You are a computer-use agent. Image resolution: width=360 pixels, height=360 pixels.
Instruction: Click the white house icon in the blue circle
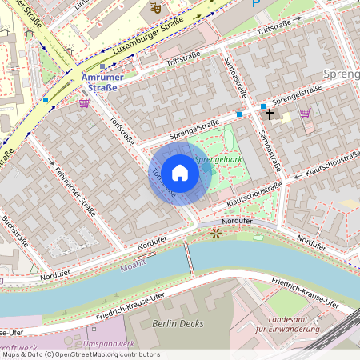point(180,172)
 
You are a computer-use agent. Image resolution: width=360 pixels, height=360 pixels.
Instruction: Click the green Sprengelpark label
point(218,160)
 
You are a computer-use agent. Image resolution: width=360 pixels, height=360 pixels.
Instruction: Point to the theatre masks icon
point(154,9)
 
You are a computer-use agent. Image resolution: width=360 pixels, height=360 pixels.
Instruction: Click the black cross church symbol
point(270,114)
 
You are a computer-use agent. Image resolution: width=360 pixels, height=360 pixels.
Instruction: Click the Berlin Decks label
point(176,324)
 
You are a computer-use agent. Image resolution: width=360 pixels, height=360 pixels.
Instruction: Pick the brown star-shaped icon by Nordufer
point(215,234)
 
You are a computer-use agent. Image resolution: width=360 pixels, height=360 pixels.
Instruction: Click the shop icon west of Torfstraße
point(84,103)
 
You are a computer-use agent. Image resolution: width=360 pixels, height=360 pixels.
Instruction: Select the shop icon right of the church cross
point(305,113)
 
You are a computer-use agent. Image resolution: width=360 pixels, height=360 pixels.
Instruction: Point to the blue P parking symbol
point(256,3)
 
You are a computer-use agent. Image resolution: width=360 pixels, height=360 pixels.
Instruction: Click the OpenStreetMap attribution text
point(80,354)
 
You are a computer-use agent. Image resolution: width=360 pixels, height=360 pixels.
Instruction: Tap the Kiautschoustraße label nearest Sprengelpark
point(255,194)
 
